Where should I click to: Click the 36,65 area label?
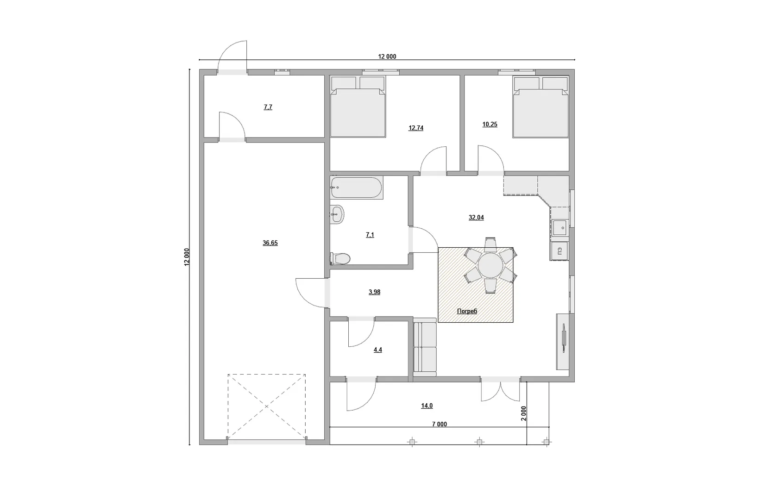270,243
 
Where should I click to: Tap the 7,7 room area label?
268,107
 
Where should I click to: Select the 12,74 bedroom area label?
416,128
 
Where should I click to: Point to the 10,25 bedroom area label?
490,125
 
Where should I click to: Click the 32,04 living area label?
476,218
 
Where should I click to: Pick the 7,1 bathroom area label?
370,235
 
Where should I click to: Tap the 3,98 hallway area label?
374,292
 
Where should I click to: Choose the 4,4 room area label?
377,350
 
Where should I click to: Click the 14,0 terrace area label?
427,406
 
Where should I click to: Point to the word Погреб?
467,311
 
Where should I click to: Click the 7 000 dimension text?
439,424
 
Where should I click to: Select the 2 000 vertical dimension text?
523,413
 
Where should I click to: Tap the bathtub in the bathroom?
357,187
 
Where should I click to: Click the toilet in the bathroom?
340,258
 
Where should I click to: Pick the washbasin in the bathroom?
337,215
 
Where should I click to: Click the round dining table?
490,265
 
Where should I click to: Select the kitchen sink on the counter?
559,228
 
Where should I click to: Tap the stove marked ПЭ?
559,251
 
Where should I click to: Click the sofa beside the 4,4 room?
425,348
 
